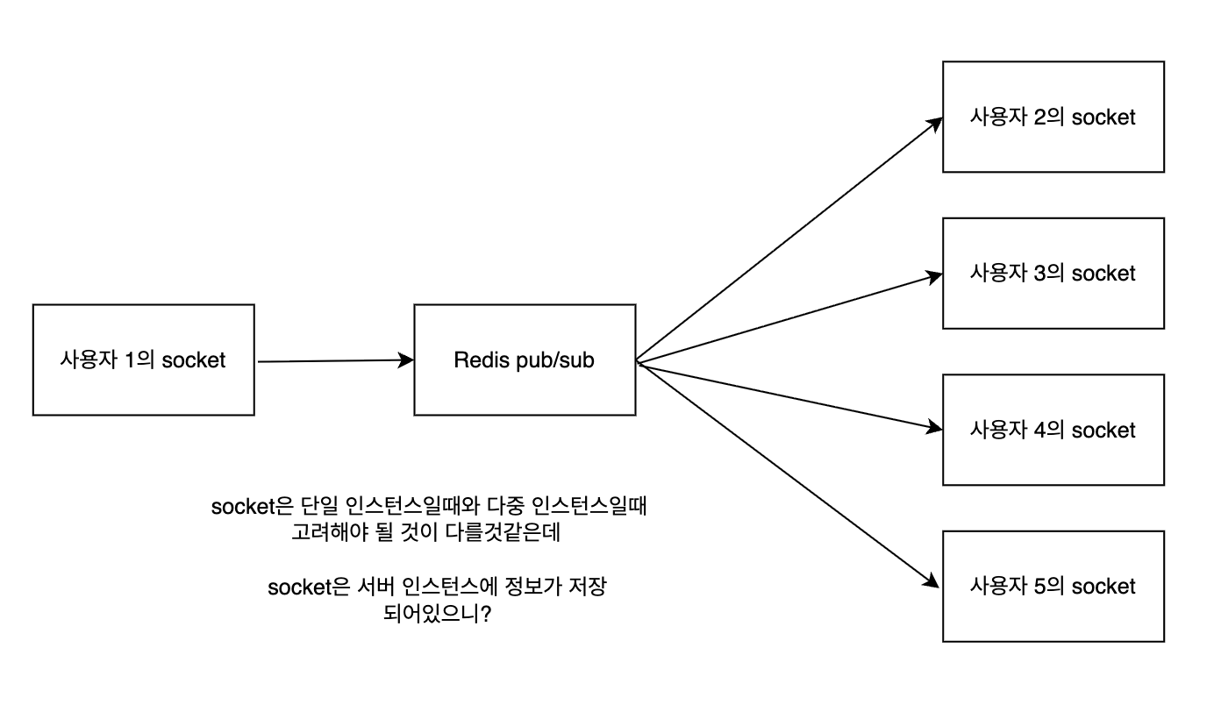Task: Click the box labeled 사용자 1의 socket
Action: (143, 360)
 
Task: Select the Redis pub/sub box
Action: (525, 360)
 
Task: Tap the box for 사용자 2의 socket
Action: (1053, 117)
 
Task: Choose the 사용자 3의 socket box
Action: (1053, 273)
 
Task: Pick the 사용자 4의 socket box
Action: (1053, 430)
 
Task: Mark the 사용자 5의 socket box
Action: (1053, 585)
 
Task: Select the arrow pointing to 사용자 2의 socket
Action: (789, 239)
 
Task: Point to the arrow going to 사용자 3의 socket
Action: (789, 317)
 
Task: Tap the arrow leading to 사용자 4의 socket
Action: (789, 395)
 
